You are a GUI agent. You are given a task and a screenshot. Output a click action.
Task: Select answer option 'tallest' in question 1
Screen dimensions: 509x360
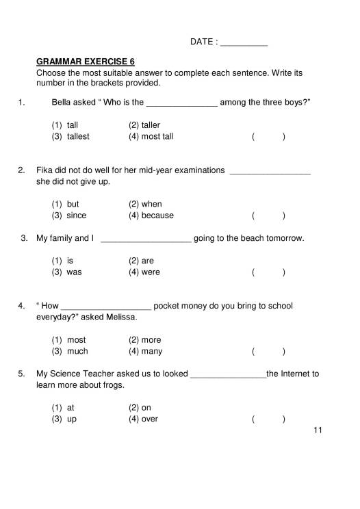77,136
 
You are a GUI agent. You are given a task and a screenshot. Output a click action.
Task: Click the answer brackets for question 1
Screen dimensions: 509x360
268,137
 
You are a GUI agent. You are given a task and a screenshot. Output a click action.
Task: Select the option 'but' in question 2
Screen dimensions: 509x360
72,204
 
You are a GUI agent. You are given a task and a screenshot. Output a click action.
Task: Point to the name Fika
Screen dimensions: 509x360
45,170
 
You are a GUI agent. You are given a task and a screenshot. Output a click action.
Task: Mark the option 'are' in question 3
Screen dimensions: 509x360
147,261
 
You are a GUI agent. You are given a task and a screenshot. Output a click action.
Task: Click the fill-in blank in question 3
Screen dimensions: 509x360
146,239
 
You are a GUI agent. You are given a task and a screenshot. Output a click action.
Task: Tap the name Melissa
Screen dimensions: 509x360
120,317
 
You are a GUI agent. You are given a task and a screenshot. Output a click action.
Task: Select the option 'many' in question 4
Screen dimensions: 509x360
151,352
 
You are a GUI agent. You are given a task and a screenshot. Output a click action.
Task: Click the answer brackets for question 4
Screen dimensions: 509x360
268,352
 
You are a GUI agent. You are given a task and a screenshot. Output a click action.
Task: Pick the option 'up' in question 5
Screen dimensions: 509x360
71,419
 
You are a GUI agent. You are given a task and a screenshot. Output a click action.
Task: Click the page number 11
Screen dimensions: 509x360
316,430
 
